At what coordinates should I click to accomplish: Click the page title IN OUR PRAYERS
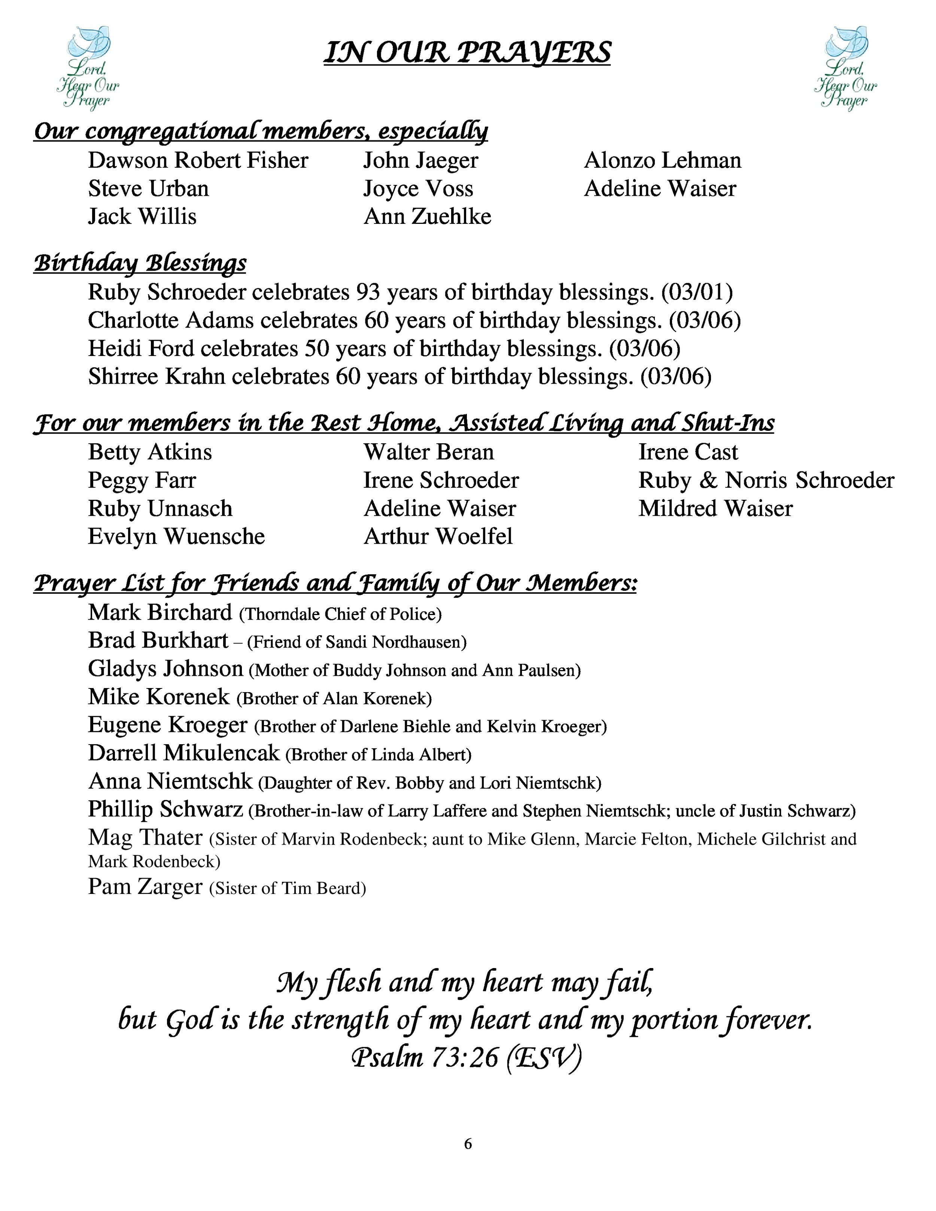pos(467,53)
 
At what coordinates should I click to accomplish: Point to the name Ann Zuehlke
pos(427,217)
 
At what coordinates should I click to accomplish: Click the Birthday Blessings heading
pos(140,262)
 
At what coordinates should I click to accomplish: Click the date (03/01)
pos(697,292)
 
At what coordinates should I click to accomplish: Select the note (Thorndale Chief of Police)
pos(340,614)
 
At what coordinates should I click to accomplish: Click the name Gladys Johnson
pos(165,669)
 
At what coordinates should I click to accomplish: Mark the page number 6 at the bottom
pos(468,1144)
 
